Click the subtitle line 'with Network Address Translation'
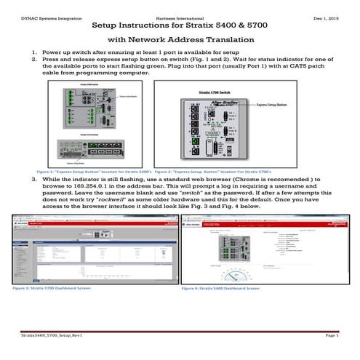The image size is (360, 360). click(x=180, y=41)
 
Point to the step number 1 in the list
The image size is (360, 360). click(x=34, y=53)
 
